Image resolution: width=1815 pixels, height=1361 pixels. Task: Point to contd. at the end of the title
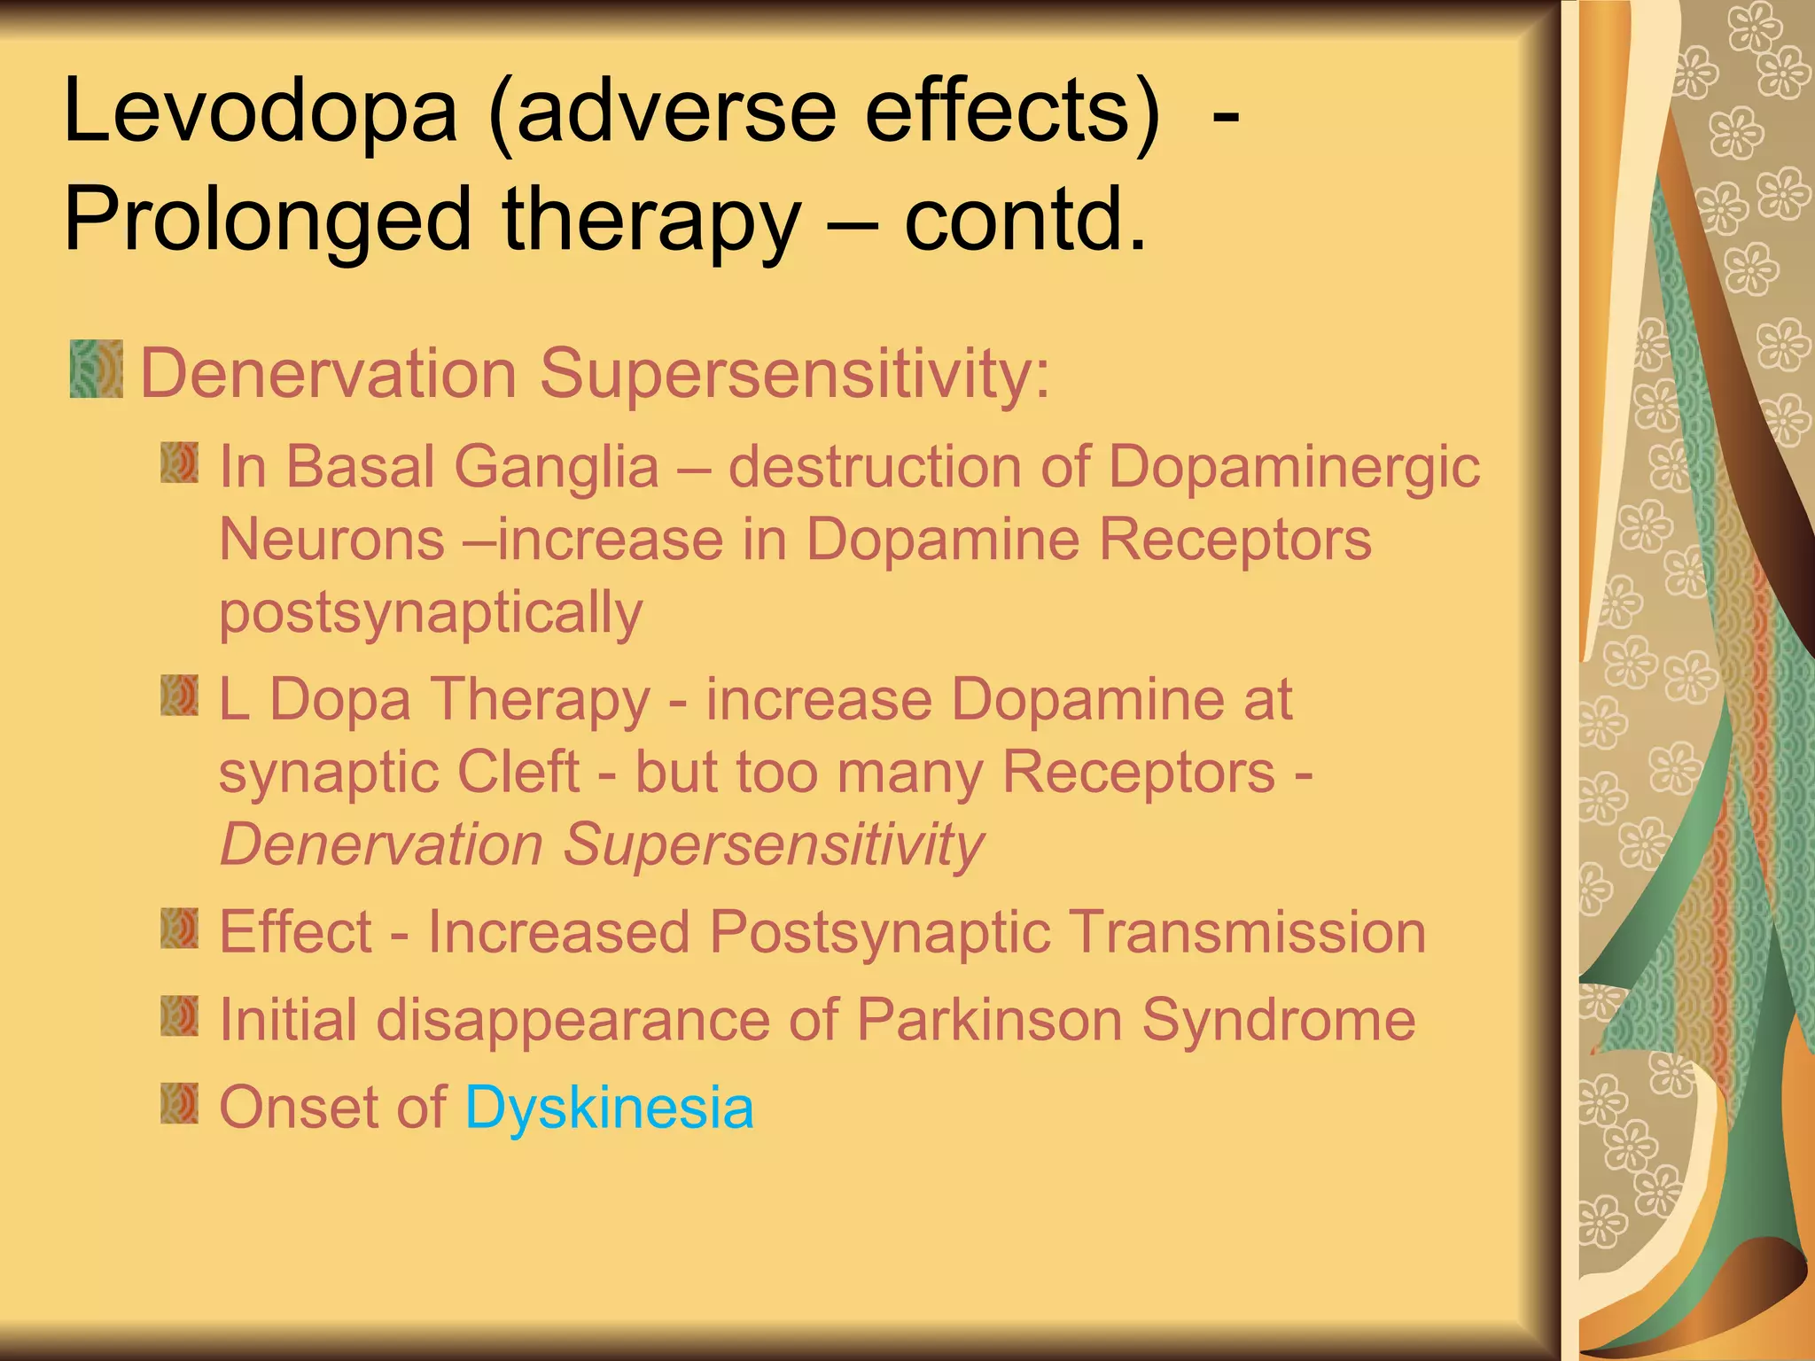tap(1025, 220)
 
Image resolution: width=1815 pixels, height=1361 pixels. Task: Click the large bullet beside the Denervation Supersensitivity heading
tap(96, 368)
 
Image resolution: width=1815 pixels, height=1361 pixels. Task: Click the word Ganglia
tap(557, 466)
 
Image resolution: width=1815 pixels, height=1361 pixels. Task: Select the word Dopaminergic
tap(1293, 468)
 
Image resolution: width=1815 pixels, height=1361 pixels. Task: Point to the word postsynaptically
tap(431, 613)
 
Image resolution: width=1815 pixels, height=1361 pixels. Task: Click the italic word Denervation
tap(381, 844)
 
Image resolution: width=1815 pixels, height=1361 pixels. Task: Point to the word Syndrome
tap(1278, 1021)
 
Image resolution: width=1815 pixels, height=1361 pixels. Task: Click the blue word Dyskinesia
tap(609, 1108)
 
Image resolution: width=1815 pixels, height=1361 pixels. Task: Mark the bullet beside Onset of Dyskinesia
tap(180, 1102)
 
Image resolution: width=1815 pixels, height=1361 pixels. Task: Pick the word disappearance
tap(573, 1021)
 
